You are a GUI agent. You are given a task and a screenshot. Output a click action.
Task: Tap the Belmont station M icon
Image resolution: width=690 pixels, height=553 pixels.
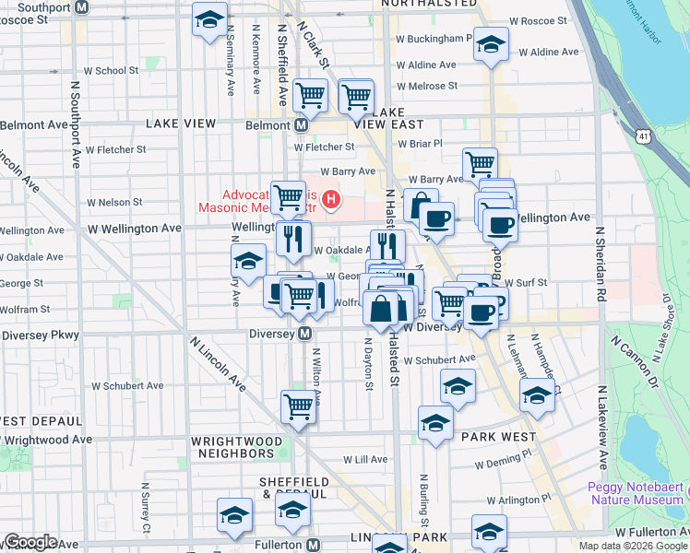(301, 124)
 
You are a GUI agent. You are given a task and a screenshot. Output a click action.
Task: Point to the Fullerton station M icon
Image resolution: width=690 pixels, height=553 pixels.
(314, 545)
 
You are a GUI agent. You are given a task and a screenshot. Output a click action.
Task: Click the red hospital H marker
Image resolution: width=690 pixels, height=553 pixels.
(329, 199)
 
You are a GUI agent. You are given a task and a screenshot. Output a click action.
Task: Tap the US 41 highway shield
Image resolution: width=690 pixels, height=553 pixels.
(642, 135)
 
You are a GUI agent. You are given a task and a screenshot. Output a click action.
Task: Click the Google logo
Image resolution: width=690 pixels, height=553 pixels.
(30, 541)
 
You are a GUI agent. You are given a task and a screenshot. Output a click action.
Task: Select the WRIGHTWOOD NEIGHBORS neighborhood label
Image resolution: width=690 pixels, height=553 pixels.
(233, 446)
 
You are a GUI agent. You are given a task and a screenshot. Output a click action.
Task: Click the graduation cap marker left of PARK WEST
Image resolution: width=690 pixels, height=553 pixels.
(435, 422)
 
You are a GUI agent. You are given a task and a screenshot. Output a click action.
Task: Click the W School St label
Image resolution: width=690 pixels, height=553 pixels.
(111, 70)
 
